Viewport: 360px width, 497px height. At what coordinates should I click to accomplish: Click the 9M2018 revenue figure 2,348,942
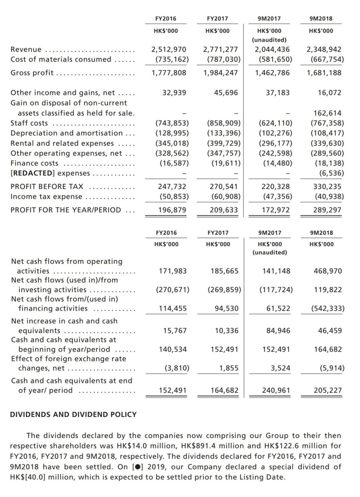click(x=324, y=49)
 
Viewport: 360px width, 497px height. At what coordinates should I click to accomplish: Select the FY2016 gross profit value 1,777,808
click(x=169, y=73)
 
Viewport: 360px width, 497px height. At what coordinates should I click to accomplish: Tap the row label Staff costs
click(x=29, y=123)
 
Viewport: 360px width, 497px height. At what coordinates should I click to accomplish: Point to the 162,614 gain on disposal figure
click(x=327, y=113)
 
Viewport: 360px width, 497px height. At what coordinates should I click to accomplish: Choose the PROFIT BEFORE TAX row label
click(x=47, y=186)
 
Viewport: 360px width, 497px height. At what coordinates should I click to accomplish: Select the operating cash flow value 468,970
click(x=328, y=271)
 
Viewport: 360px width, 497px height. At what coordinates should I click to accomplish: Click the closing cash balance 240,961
click(x=276, y=390)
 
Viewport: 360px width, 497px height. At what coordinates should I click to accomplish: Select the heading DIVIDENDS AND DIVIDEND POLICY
click(x=73, y=414)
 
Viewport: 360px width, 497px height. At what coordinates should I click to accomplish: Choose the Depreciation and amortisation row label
click(x=67, y=133)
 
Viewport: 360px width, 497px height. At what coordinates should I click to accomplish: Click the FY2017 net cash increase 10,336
click(x=227, y=331)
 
